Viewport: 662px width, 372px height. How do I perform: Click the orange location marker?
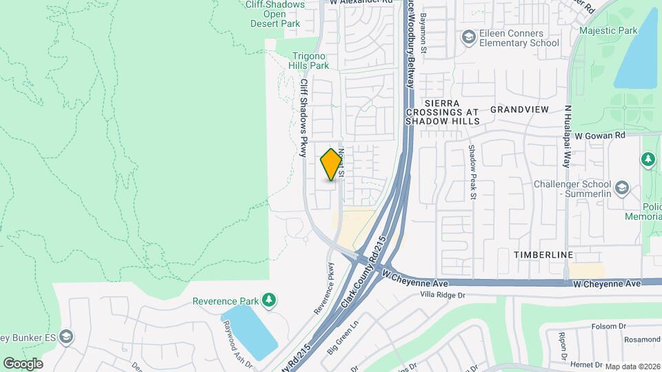(332, 165)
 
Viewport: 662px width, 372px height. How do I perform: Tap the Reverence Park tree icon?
(268, 300)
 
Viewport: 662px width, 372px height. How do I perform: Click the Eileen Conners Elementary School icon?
(469, 37)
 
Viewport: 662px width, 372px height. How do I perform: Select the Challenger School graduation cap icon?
(622, 188)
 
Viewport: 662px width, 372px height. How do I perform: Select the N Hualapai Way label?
(568, 136)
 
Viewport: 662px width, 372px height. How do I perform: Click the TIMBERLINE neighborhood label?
(543, 255)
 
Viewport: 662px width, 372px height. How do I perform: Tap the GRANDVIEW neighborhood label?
(519, 110)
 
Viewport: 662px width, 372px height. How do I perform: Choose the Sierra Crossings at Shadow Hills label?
(442, 112)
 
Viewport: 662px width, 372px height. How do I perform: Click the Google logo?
(23, 363)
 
